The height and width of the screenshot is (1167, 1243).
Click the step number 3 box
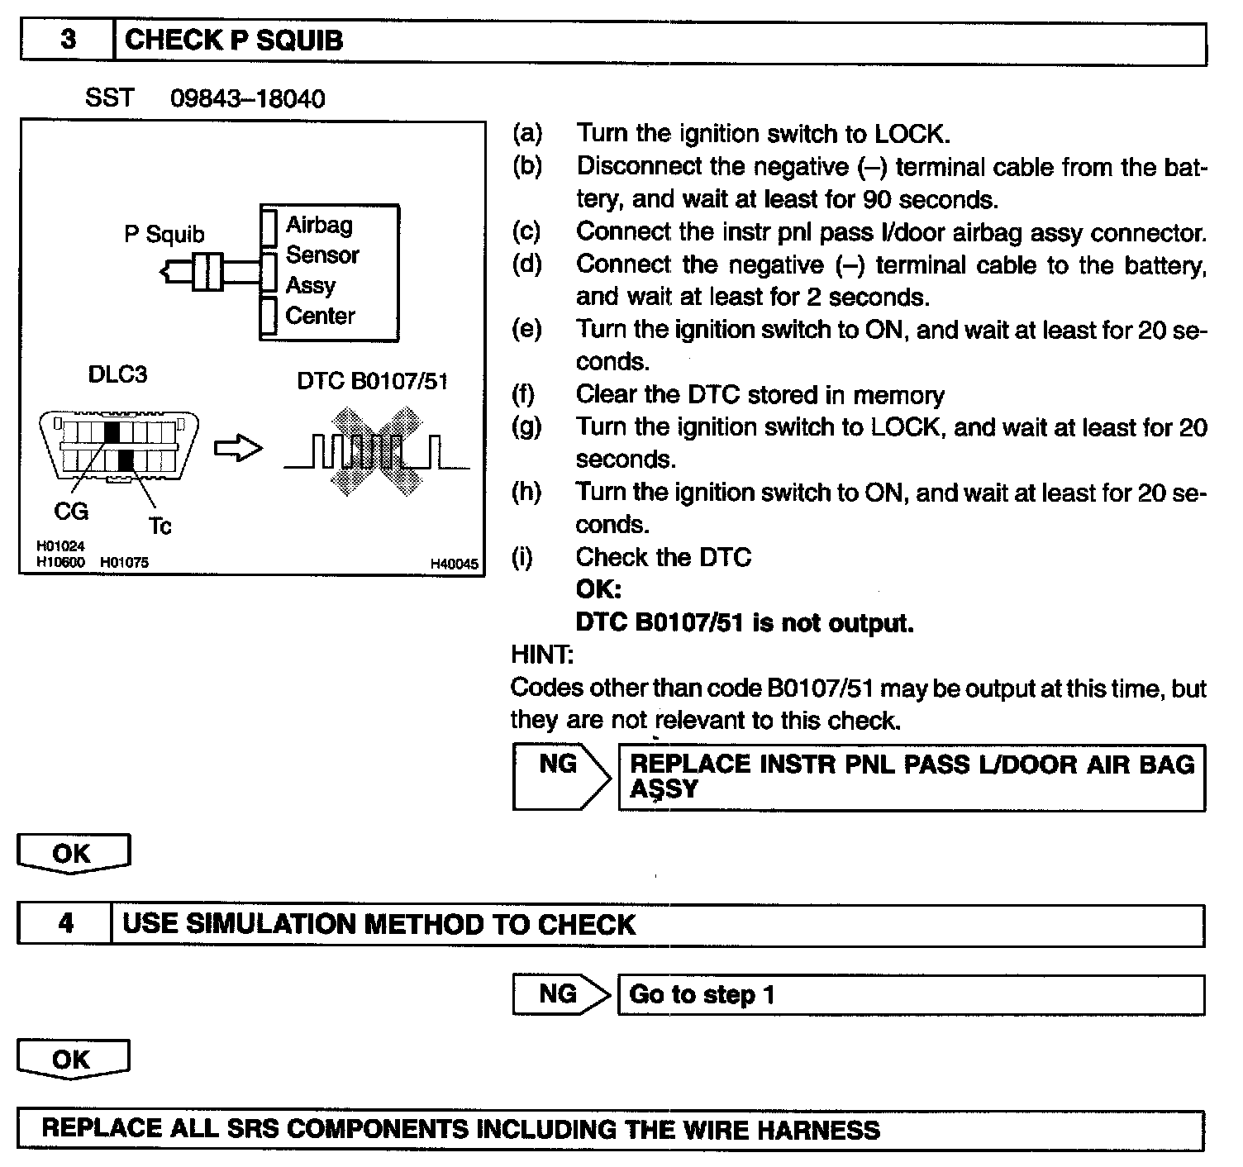[x=67, y=41]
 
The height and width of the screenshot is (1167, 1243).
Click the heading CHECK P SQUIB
[x=233, y=40]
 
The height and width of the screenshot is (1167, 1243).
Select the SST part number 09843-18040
[x=247, y=99]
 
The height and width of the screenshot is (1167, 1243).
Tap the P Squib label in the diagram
[x=164, y=235]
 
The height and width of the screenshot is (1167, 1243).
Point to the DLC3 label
[x=117, y=374]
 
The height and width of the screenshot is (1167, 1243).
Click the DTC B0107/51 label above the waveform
[x=372, y=381]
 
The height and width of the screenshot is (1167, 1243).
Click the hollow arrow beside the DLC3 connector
[x=238, y=449]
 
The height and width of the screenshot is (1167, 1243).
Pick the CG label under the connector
[x=71, y=512]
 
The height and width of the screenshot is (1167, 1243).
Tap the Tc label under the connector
[x=160, y=526]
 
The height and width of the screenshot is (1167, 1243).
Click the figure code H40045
[x=454, y=564]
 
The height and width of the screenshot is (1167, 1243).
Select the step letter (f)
[x=523, y=394]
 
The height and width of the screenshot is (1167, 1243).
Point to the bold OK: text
[x=598, y=589]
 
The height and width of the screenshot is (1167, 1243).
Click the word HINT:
[x=542, y=655]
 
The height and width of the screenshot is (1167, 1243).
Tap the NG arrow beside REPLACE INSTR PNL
[x=560, y=775]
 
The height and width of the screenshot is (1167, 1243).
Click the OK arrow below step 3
[x=73, y=853]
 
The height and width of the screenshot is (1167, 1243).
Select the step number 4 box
[x=65, y=924]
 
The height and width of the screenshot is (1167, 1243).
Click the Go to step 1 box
[x=910, y=994]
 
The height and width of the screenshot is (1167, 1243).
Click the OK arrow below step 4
[x=73, y=1060]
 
